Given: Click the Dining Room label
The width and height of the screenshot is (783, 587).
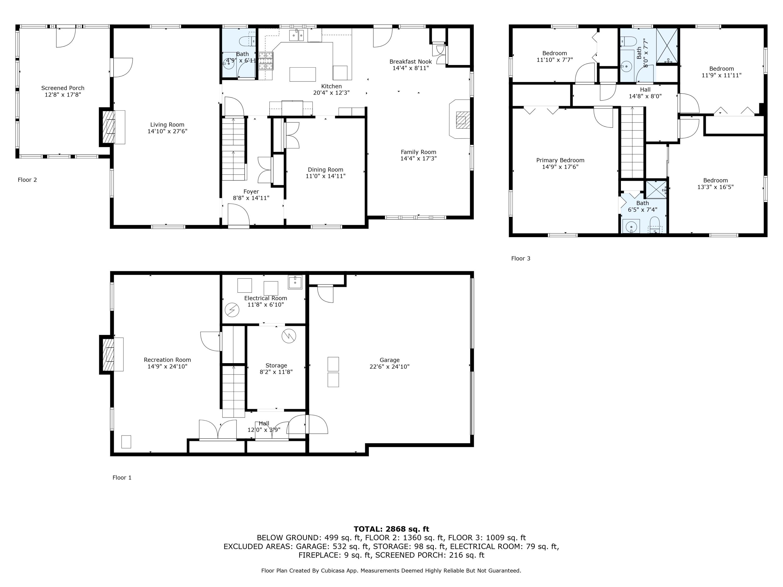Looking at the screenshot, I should [x=325, y=170].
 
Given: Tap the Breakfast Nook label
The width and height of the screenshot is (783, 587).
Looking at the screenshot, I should [x=411, y=62].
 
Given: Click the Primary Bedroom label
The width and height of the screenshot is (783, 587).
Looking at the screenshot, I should [x=560, y=160].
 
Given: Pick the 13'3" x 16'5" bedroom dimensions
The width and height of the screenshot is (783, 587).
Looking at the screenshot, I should [x=715, y=187].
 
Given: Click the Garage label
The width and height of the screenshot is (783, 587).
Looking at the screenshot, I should [x=389, y=360].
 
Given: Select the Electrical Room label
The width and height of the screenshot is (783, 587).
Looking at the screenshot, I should [x=265, y=298].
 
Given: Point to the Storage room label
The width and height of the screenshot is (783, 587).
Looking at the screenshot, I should [x=276, y=366].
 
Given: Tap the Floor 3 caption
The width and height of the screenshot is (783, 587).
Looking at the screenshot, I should [x=520, y=258].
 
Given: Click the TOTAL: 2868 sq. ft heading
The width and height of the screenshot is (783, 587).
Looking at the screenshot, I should [x=391, y=529].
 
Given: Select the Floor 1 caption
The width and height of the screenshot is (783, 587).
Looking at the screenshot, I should [x=122, y=478].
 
